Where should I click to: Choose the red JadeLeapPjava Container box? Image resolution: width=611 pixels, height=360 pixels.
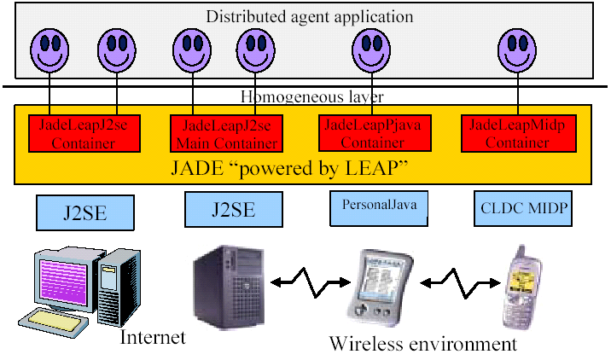pyautogui.click(x=373, y=132)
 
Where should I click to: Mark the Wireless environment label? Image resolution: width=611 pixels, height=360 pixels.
pyautogui.click(x=423, y=344)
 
